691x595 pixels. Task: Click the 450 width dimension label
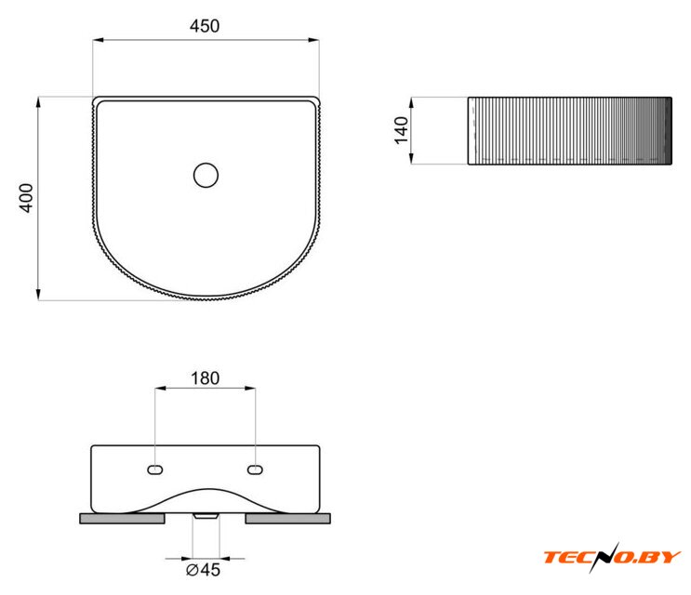205,26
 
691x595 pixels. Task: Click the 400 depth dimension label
26,198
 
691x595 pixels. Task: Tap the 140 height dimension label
401,130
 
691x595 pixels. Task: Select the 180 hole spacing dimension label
205,377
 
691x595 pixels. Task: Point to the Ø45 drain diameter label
203,570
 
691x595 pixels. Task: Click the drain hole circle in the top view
206,175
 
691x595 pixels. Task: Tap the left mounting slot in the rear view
155,469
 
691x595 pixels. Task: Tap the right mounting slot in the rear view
255,469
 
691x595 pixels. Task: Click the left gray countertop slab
122,519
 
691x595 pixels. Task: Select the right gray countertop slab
287,519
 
